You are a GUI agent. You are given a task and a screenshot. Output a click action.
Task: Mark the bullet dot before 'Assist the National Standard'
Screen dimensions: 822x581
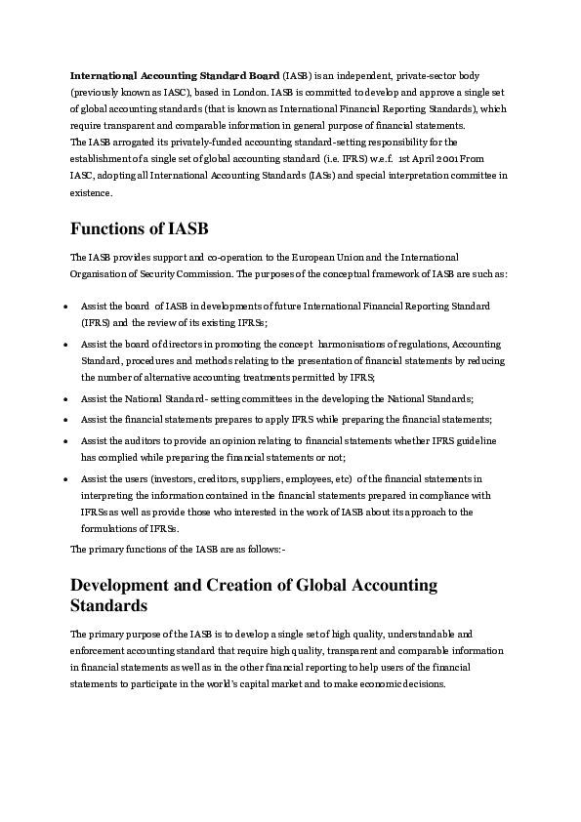coord(63,399)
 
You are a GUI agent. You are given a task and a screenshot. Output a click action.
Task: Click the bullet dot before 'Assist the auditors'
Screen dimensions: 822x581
coord(63,441)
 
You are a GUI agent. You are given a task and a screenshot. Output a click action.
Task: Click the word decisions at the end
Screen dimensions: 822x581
coord(421,683)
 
